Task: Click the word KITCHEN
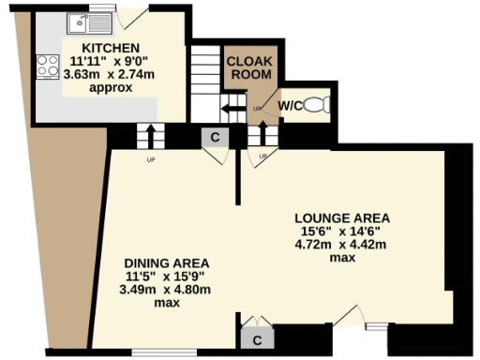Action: tap(110, 48)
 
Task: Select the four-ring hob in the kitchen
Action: tap(45, 67)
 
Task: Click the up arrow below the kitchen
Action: tap(145, 136)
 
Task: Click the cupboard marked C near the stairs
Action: tap(215, 137)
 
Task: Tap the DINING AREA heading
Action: tap(167, 262)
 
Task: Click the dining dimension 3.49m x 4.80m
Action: tap(167, 290)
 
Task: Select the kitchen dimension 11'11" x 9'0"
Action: tap(110, 62)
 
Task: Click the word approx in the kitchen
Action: tap(111, 87)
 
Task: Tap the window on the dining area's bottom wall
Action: tap(157, 353)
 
